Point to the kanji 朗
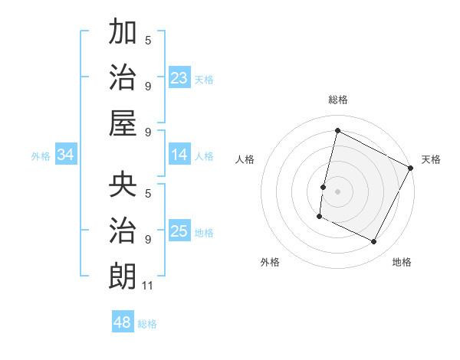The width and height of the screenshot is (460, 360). [123, 274]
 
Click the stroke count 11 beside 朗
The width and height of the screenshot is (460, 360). [148, 286]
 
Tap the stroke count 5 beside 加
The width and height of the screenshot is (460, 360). [148, 40]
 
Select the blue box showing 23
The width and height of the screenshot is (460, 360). [179, 78]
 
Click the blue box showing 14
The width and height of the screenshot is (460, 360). [179, 155]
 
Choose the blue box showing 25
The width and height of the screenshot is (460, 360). [179, 232]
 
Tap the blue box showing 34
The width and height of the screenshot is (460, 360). [66, 155]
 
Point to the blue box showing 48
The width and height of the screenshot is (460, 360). [123, 322]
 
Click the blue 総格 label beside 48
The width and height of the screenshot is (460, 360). [147, 324]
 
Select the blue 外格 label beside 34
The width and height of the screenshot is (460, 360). [41, 156]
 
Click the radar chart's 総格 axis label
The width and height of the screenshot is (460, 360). [337, 100]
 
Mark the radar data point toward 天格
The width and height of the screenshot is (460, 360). [411, 169]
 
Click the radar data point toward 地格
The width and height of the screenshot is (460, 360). [374, 242]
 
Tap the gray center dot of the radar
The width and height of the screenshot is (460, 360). [337, 191]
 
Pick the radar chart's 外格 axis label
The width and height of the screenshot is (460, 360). [270, 262]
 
